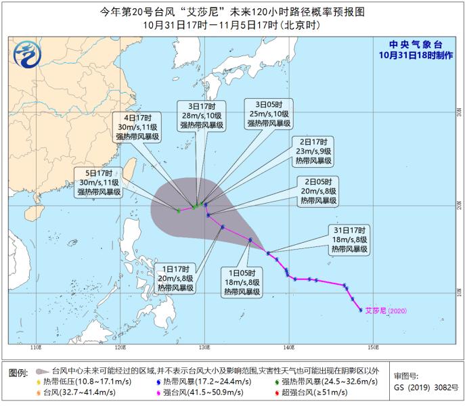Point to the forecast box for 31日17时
(x=349, y=240)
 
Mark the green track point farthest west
(x=178, y=211)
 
